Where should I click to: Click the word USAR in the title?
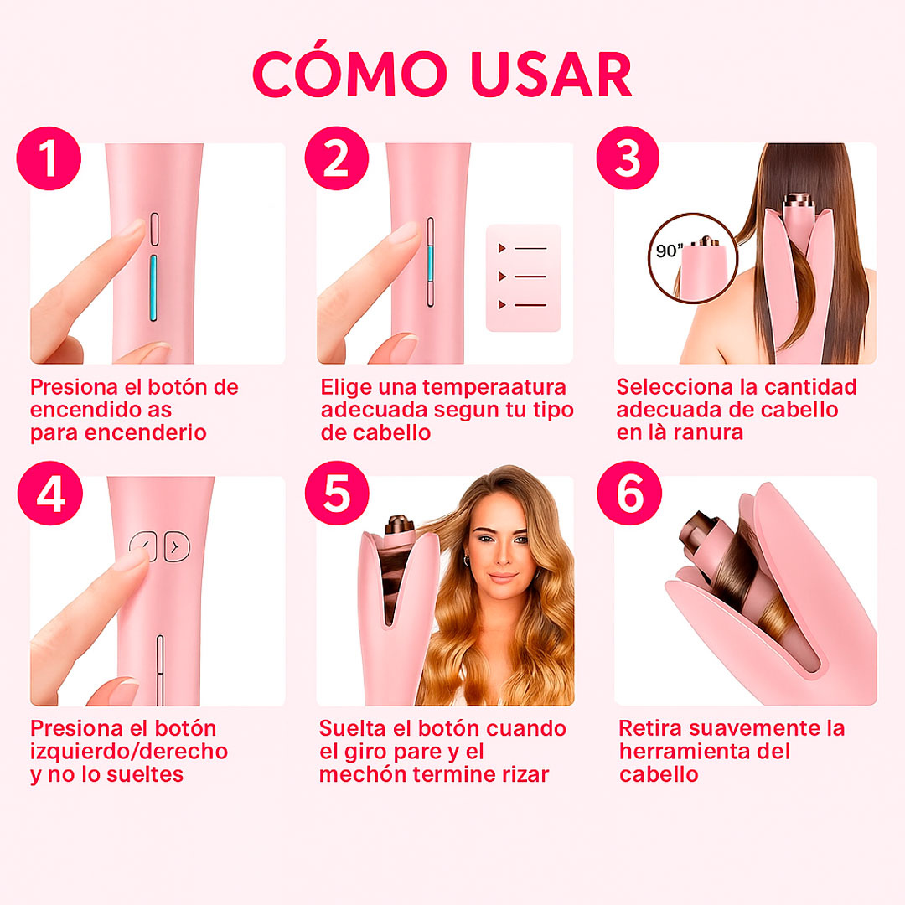[x=547, y=75]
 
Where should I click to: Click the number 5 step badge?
[x=337, y=495]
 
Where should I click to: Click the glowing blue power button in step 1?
[x=154, y=289]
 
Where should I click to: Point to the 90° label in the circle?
[x=670, y=251]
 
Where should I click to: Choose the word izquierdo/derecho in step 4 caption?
[x=129, y=751]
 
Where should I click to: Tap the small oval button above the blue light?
[x=154, y=228]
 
